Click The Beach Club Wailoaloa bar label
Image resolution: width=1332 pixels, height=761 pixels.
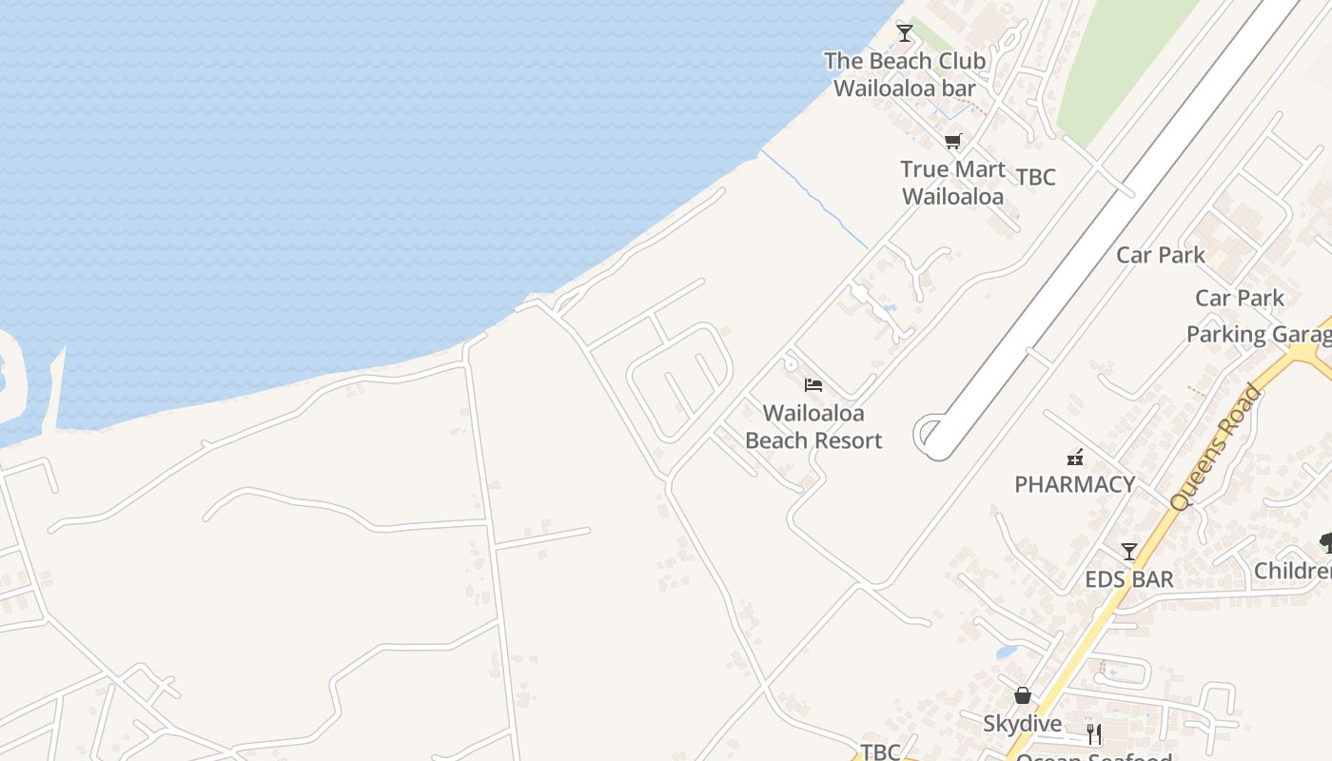click(905, 74)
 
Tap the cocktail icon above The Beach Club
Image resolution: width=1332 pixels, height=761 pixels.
click(905, 33)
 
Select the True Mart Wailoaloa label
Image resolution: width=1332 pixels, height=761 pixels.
click(952, 183)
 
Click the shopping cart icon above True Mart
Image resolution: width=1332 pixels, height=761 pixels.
click(952, 142)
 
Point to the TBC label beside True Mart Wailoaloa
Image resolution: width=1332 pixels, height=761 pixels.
click(1035, 178)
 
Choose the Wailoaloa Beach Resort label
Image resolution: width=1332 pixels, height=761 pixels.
click(813, 426)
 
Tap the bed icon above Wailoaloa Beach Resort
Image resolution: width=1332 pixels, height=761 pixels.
click(813, 385)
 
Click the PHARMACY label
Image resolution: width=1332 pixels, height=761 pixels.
click(1075, 484)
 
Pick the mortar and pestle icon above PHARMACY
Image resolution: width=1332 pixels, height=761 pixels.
click(1075, 457)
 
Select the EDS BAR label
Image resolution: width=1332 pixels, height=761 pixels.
click(1129, 579)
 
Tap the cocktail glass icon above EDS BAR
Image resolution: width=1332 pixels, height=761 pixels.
click(1129, 552)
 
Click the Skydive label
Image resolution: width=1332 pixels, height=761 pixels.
click(1023, 724)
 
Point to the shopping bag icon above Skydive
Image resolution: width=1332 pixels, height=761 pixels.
click(1023, 695)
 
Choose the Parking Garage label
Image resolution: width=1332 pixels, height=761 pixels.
click(1258, 335)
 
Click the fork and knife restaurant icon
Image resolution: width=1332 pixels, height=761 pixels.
click(1094, 734)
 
